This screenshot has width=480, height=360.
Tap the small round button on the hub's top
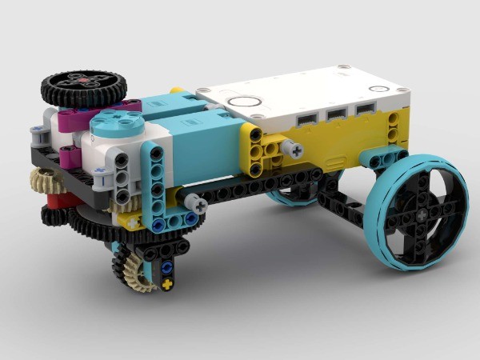245,102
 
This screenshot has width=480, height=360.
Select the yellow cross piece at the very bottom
166,284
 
